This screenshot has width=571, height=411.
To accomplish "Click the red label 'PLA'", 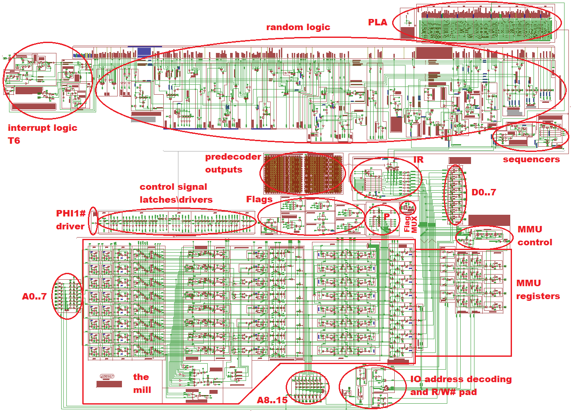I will coord(378,22).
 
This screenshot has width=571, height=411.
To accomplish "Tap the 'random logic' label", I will coord(298,27).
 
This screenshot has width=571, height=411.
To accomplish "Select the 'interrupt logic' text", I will coord(42,128).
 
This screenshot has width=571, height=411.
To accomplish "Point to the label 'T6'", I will coord(14,141).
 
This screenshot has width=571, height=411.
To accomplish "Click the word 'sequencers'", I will coord(531,159).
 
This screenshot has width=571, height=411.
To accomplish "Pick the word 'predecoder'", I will coord(233,157).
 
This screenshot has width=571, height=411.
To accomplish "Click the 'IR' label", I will coord(418,160).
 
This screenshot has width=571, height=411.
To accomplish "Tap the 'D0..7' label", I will coord(484,192).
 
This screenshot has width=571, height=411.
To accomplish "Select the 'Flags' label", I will coord(259,199).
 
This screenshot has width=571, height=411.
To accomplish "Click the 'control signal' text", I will coord(173,187).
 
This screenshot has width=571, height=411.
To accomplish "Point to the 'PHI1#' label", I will coord(71,213).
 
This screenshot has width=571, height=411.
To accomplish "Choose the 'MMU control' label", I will coord(534,236).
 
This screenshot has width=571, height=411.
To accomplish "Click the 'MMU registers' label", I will coord(538,290).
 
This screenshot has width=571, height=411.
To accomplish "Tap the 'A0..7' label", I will coord(34,296).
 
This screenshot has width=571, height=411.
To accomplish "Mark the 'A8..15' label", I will coord(272,400).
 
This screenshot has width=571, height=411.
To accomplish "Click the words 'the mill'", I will coord(142,383).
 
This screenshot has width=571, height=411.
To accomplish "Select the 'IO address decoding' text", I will coord(461,379).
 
